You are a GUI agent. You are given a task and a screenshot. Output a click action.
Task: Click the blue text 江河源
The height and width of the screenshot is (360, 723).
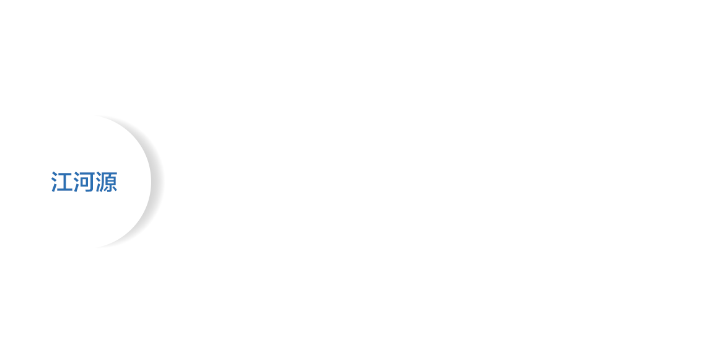click(84, 183)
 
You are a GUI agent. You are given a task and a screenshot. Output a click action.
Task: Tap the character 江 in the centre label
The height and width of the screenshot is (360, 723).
click(61, 183)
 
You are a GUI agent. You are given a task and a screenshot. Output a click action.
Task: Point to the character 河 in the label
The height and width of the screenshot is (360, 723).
click(84, 183)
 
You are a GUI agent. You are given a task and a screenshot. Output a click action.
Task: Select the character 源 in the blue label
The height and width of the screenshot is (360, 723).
click(107, 183)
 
